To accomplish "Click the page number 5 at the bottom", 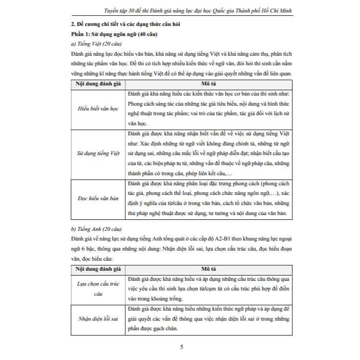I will coord(180,347).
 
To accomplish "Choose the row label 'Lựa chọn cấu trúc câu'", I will coord(98,288).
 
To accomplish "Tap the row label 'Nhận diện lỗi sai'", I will coord(98,319).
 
